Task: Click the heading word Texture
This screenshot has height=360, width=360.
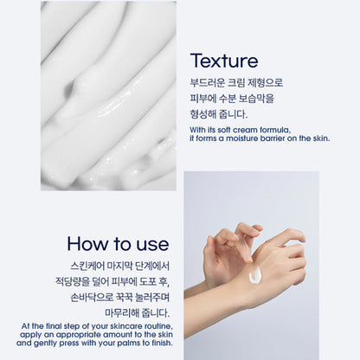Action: (224, 61)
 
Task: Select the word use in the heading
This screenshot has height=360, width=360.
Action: (152, 245)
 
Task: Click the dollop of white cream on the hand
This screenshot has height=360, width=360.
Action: (255, 273)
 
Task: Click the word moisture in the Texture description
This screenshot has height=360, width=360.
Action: (241, 138)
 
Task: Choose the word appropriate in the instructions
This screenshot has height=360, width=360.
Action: (78, 335)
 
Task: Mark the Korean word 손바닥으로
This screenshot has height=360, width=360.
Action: (92, 298)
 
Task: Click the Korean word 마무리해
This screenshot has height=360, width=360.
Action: (122, 313)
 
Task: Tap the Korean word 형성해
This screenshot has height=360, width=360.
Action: (202, 114)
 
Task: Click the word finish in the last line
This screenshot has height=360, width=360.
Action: (162, 343)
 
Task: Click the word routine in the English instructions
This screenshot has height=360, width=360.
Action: (158, 326)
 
